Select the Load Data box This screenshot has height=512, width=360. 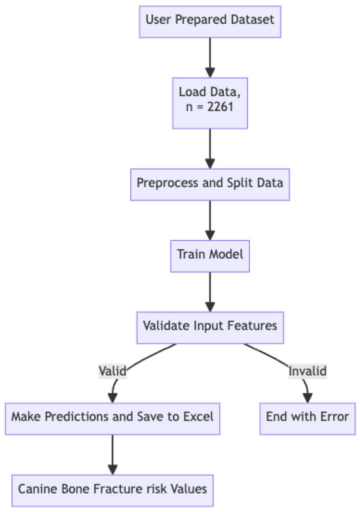point(210,103)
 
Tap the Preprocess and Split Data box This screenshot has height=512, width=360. point(210,183)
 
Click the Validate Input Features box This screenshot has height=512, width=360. point(210,325)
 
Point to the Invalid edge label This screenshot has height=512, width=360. point(308,371)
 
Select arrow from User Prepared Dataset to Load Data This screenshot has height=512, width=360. point(210,59)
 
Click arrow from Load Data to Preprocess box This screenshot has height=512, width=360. point(210,147)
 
